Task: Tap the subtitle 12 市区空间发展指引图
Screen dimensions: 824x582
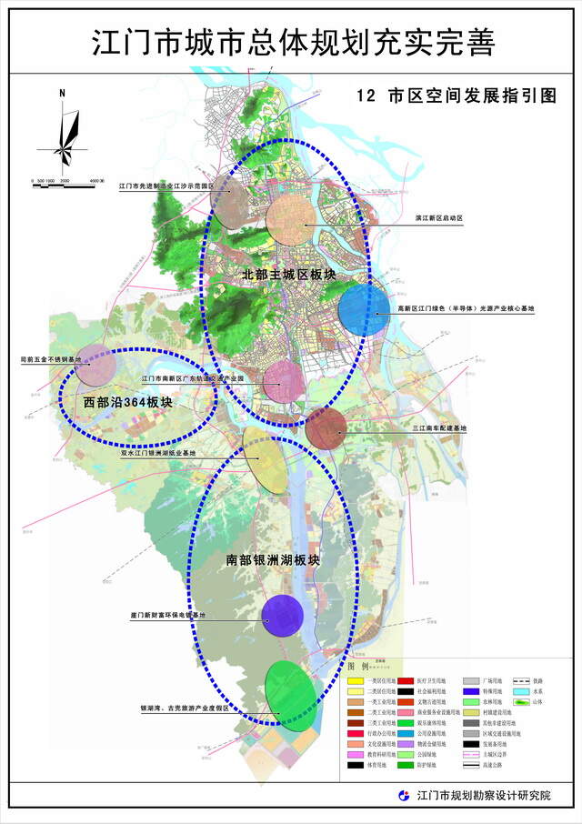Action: coord(456,95)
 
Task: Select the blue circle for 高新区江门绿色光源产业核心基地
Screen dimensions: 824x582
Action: coord(364,309)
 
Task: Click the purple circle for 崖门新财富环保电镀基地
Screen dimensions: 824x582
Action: coord(282,616)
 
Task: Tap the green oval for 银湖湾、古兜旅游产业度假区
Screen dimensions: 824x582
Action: coord(292,692)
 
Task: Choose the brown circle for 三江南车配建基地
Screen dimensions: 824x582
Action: coord(325,428)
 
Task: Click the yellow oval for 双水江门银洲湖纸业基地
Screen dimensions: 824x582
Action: coord(264,459)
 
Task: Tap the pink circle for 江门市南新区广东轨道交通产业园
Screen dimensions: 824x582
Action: coord(283,381)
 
